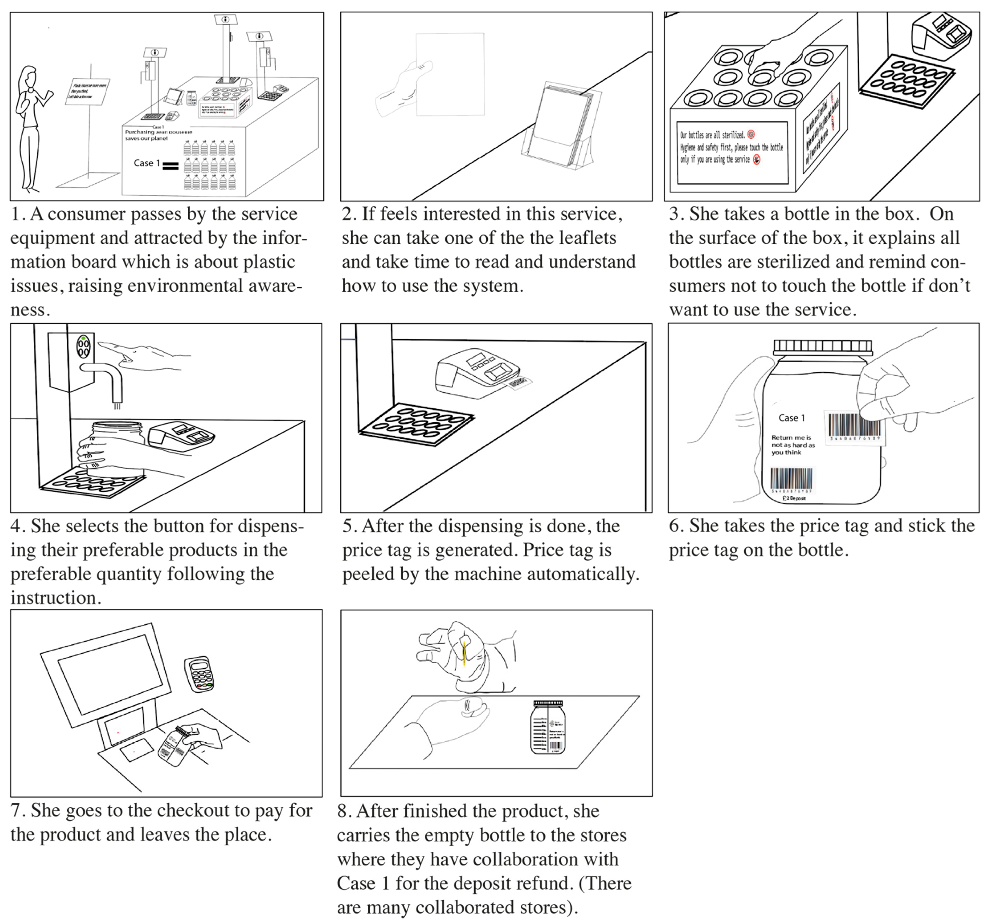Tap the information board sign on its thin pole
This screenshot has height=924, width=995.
[x=88, y=91]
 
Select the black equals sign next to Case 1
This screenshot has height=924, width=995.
[x=171, y=166]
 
